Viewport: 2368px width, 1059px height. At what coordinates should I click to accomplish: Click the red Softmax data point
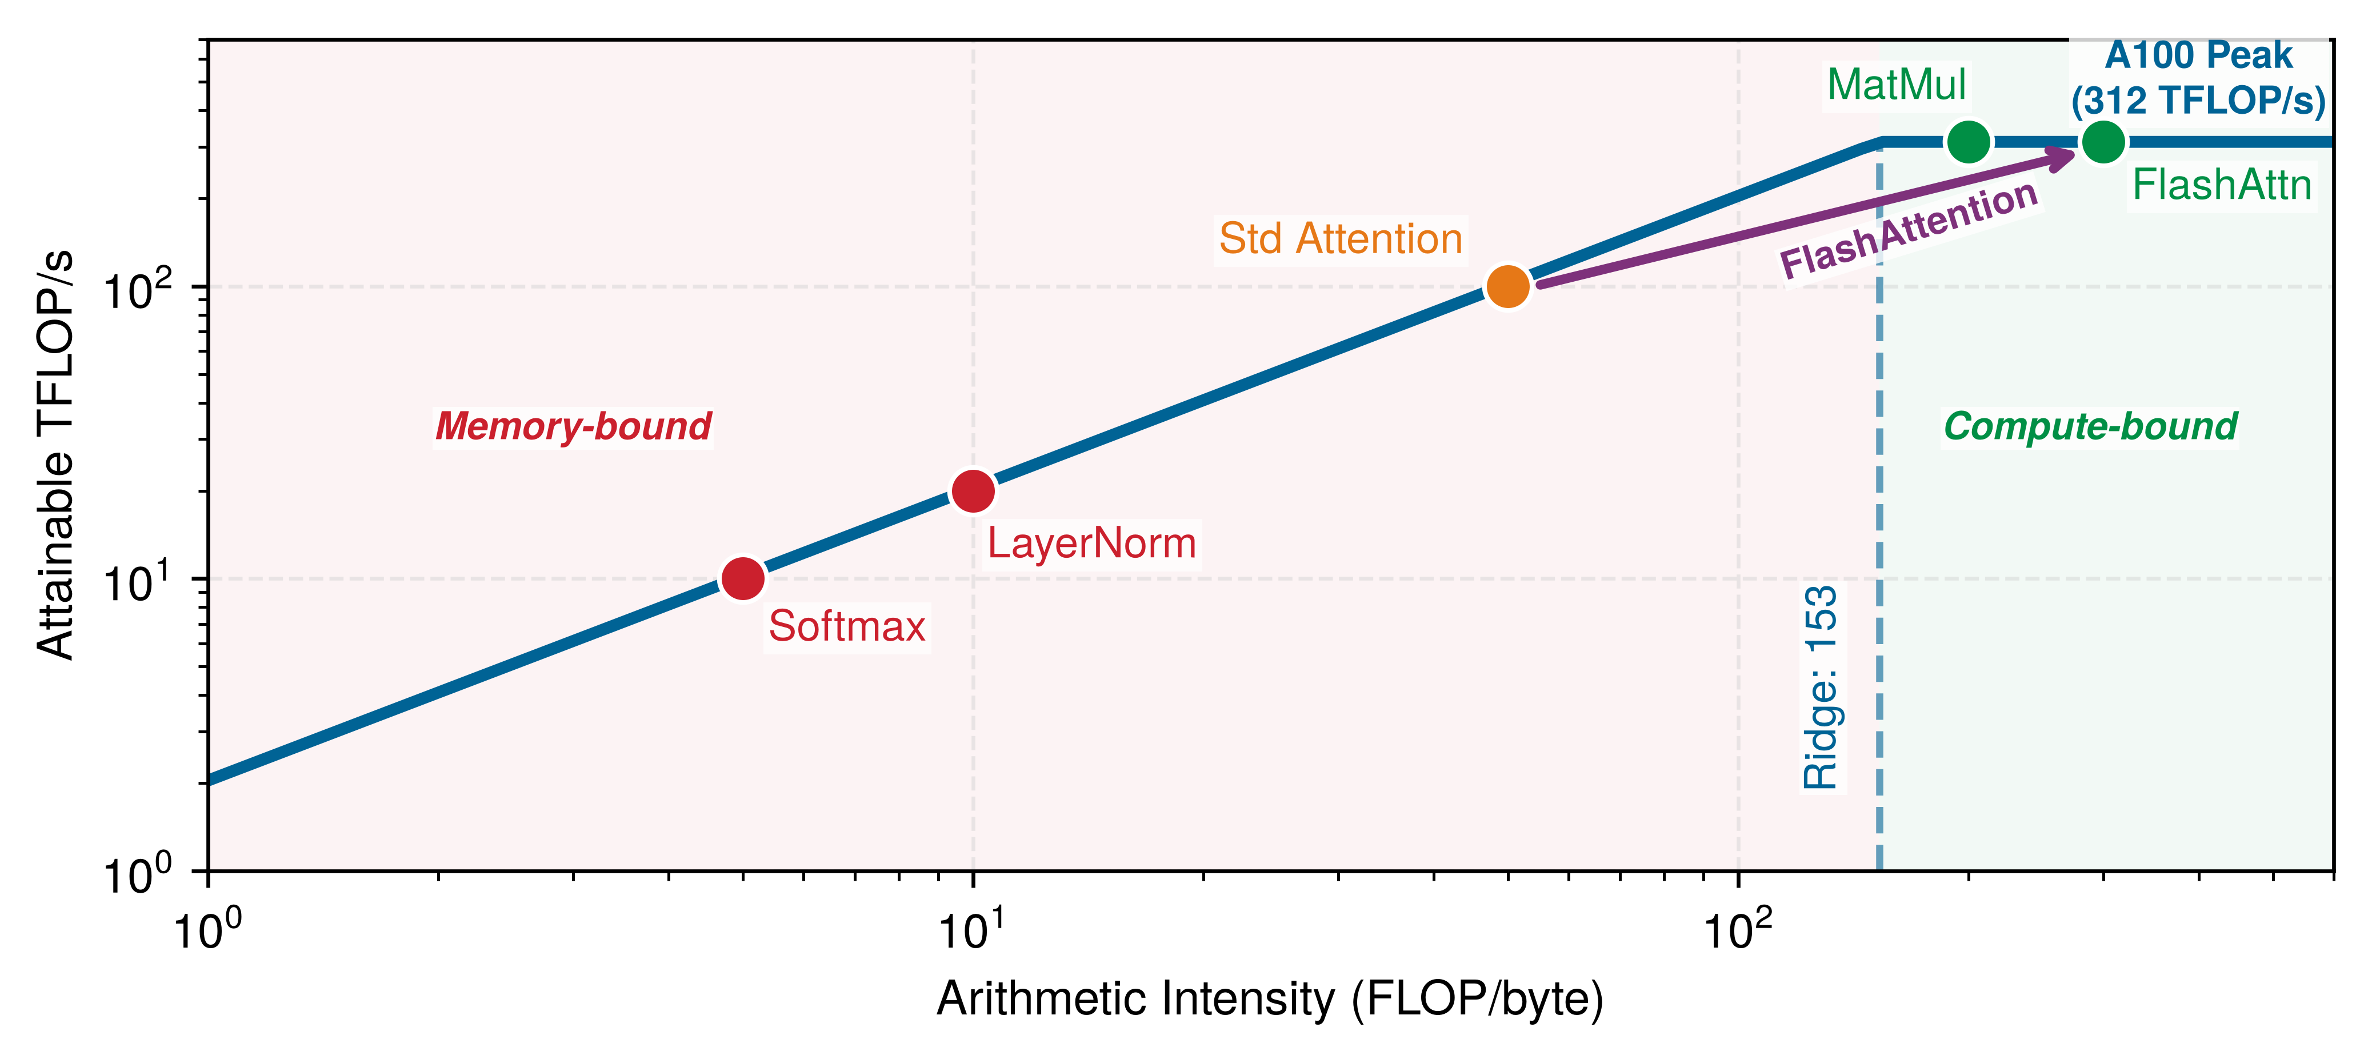[x=743, y=579]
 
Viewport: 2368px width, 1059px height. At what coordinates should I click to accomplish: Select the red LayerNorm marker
[x=973, y=491]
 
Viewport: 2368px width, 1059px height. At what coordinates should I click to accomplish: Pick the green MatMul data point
[x=1968, y=142]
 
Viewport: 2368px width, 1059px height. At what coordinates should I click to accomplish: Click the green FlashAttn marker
[x=2103, y=142]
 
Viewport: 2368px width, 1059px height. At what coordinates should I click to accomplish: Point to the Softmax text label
[x=847, y=627]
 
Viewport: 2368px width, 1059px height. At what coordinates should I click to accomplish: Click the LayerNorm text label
[x=1091, y=544]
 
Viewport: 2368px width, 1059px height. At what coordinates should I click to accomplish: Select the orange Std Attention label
[x=1340, y=239]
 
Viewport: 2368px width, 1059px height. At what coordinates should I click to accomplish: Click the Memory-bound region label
[x=574, y=426]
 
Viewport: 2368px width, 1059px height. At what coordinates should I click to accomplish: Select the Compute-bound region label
[x=2090, y=426]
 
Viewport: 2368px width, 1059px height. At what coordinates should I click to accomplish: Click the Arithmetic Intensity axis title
[x=1270, y=999]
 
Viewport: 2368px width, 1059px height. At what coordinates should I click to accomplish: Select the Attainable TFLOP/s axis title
[x=56, y=454]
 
